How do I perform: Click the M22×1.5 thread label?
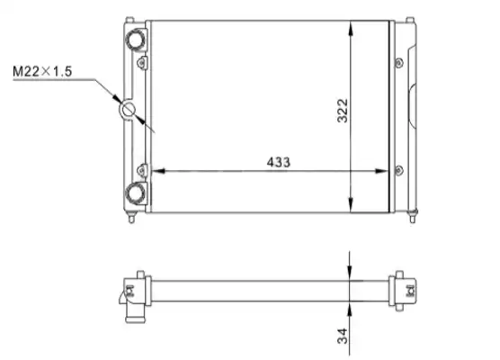click(x=42, y=71)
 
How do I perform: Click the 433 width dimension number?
click(x=279, y=162)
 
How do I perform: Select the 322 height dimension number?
click(x=343, y=111)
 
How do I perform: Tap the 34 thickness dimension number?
click(x=343, y=336)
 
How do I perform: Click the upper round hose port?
click(x=136, y=40)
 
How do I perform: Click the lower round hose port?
click(x=136, y=193)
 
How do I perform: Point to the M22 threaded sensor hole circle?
click(x=128, y=110)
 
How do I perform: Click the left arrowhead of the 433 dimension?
click(x=158, y=171)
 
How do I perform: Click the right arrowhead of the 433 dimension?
click(x=381, y=171)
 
